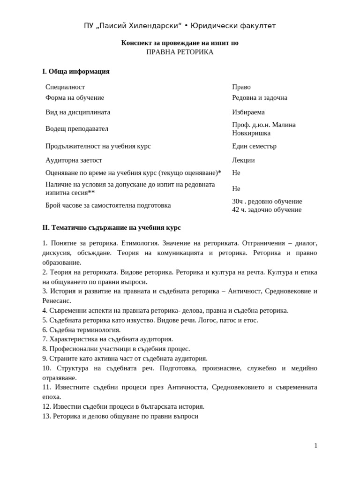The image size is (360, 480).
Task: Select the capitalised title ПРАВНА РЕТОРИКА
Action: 180,52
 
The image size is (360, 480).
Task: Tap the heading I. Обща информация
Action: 76,71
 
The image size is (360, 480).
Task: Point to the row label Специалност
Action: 65,87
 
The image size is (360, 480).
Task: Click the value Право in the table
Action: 241,87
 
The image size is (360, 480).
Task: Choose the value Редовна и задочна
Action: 260,97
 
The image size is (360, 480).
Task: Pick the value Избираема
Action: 248,112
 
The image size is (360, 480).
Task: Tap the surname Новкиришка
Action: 251,133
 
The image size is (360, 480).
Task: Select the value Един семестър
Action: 254,146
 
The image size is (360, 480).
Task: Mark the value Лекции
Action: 243,160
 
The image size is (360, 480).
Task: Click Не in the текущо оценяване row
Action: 236,172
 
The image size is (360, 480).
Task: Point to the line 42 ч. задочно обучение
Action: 267,210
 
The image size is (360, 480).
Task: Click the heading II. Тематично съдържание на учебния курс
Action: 112,227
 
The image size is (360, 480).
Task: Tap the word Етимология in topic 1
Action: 139,243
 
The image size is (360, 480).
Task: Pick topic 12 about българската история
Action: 123,406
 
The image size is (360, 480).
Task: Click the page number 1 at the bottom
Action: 315,446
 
